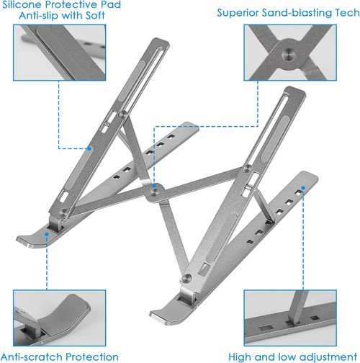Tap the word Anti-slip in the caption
[37, 20]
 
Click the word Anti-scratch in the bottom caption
[33, 356]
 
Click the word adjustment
[318, 356]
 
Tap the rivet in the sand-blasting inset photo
[288, 53]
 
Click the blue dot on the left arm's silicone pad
[90, 149]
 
